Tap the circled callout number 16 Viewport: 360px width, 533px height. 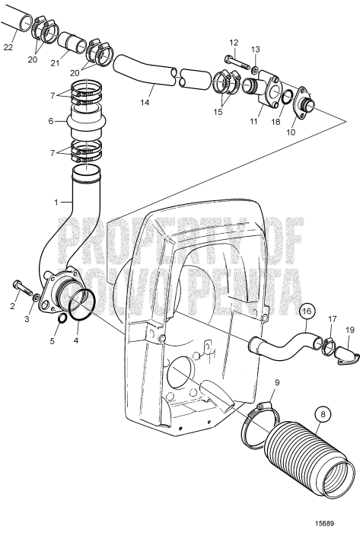pos(306,311)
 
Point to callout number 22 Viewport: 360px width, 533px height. pos(8,47)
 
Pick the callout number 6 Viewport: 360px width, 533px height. pos(51,121)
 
